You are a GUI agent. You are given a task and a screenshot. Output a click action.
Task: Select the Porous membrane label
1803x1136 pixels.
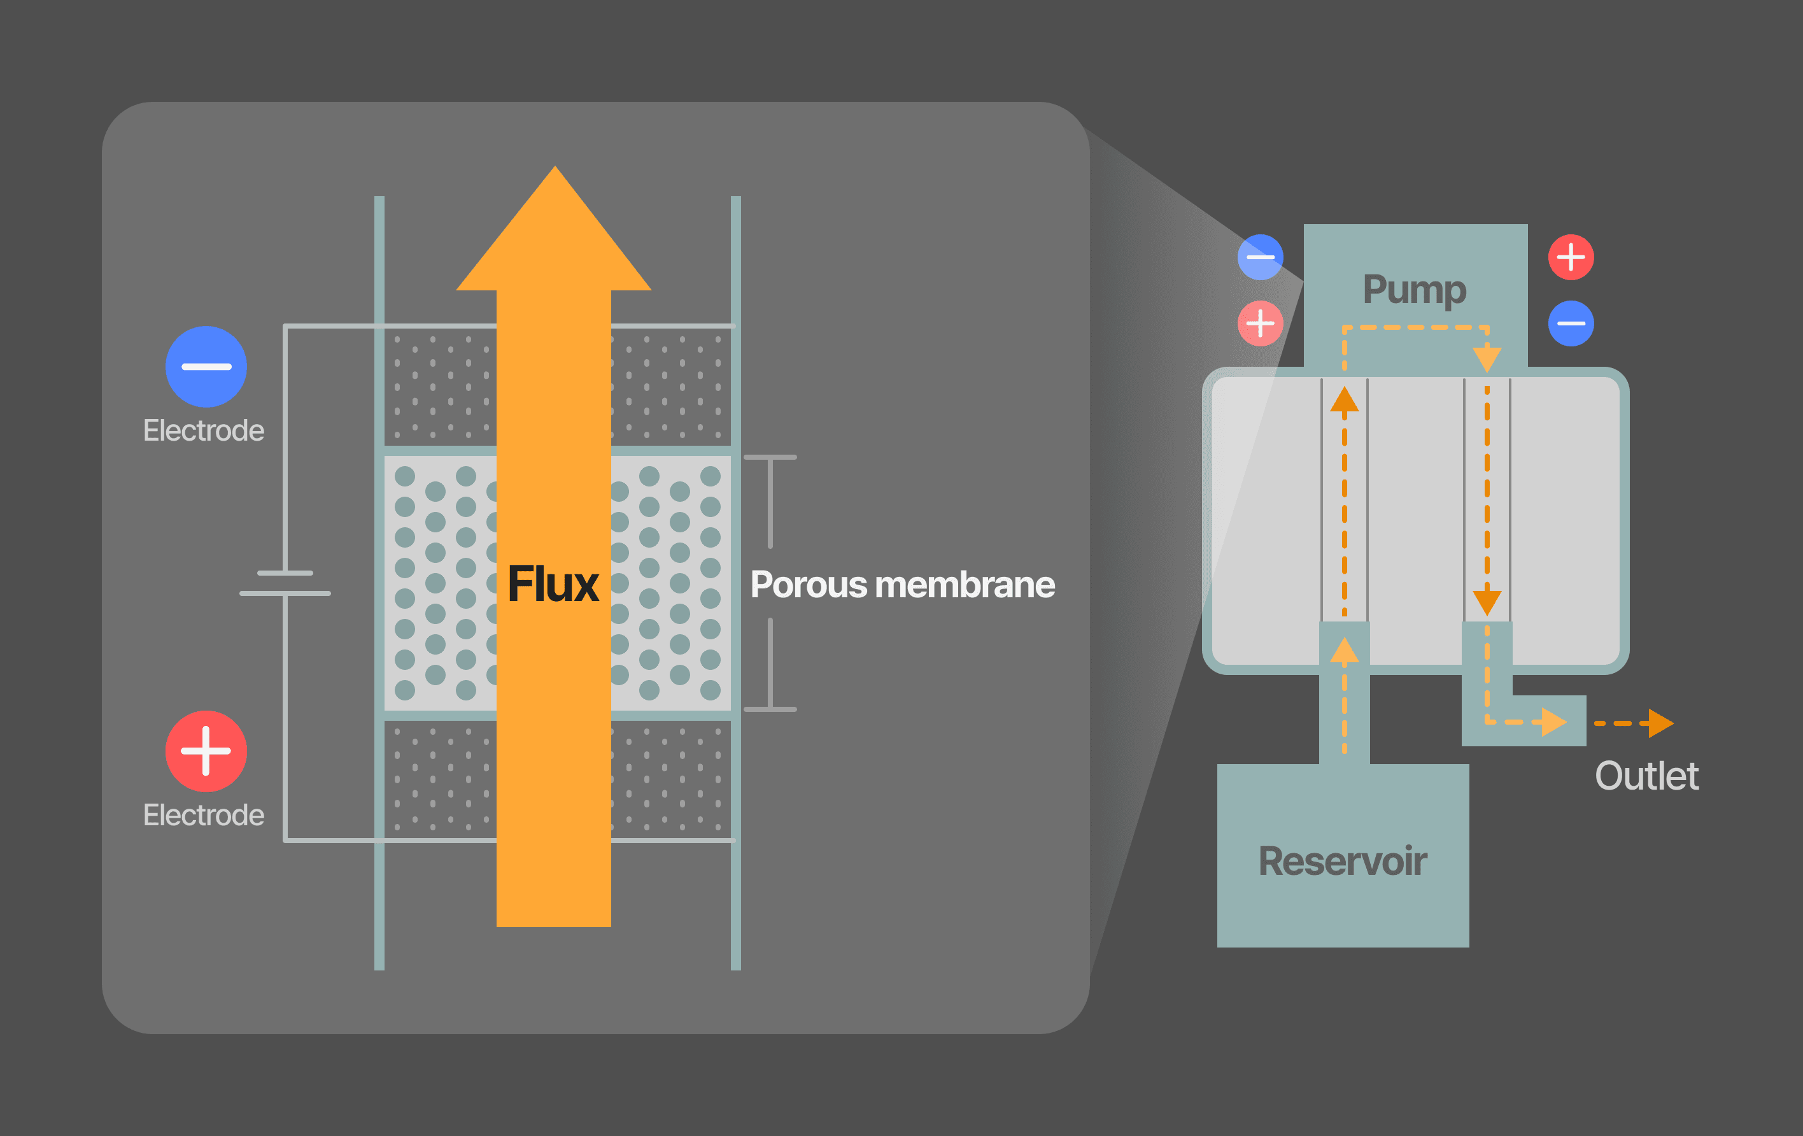point(902,585)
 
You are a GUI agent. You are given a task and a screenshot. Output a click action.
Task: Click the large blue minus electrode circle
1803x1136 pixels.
point(206,366)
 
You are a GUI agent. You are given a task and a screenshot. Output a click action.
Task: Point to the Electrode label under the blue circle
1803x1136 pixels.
point(204,430)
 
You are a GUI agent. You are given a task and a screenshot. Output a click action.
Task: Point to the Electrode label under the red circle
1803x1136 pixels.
point(204,814)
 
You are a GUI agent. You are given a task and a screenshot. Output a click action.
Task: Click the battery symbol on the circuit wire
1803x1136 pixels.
point(285,583)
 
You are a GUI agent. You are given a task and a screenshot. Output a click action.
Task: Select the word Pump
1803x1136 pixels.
point(1413,289)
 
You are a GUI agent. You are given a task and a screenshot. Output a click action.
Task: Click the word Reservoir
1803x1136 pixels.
point(1343,861)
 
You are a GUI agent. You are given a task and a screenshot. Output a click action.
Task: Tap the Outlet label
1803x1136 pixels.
point(1646,776)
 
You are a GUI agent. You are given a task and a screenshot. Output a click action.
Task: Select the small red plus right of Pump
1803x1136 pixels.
point(1571,257)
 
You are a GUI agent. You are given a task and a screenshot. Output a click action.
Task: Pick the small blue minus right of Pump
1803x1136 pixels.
point(1571,323)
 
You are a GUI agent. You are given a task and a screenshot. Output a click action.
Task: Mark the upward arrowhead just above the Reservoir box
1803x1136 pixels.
point(1345,651)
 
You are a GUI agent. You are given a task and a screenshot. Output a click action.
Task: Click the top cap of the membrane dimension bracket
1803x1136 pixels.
point(770,457)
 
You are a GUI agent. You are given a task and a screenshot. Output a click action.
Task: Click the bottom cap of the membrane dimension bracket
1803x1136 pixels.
point(770,709)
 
